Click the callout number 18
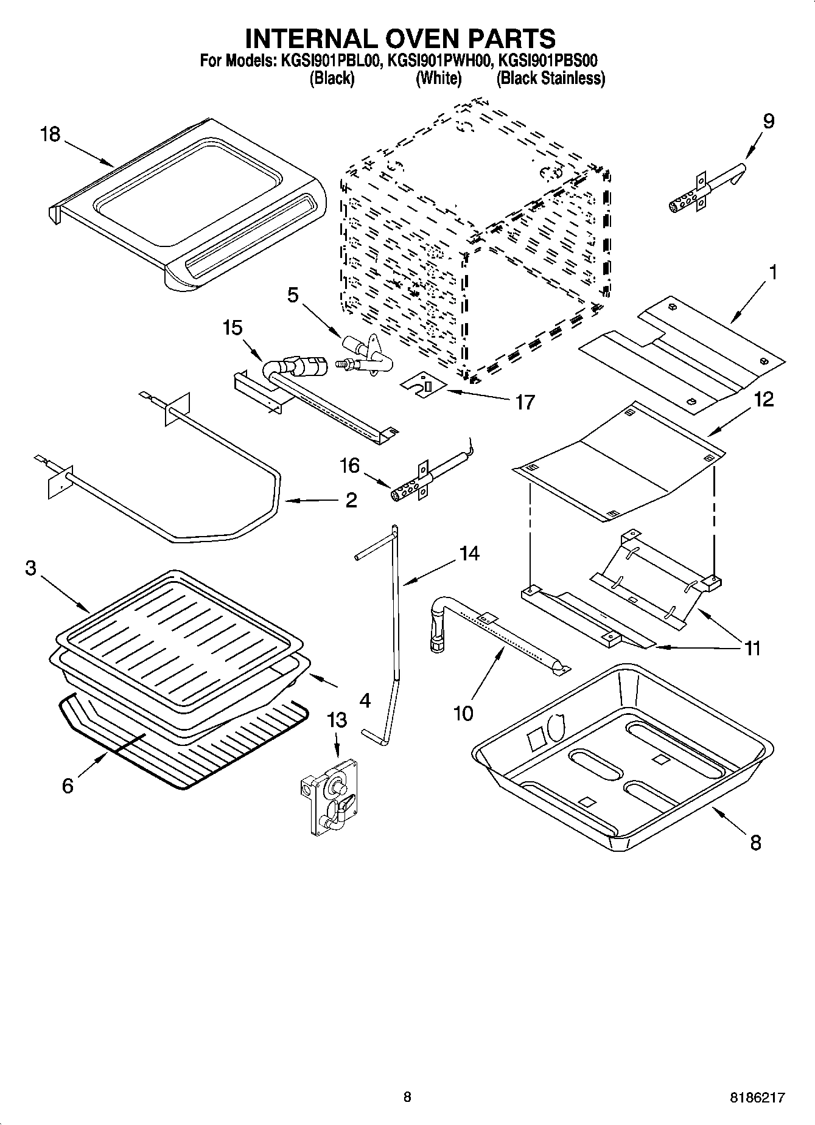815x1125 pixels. pyautogui.click(x=51, y=134)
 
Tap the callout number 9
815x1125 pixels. pyautogui.click(x=769, y=121)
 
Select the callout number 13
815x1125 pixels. pyautogui.click(x=337, y=720)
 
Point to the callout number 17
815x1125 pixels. pyautogui.click(x=525, y=402)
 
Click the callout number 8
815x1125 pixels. pyautogui.click(x=755, y=843)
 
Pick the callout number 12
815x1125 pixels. pyautogui.click(x=763, y=400)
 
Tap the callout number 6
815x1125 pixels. pyautogui.click(x=68, y=785)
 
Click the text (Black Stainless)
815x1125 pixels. pyautogui.click(x=551, y=78)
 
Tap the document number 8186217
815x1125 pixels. pyautogui.click(x=757, y=1098)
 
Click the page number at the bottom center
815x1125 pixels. pyautogui.click(x=407, y=1098)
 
